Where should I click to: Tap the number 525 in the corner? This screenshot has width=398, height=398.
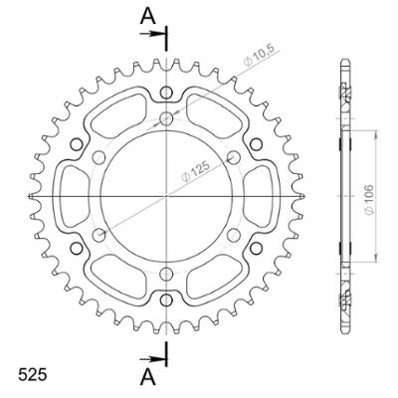point(31,377)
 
